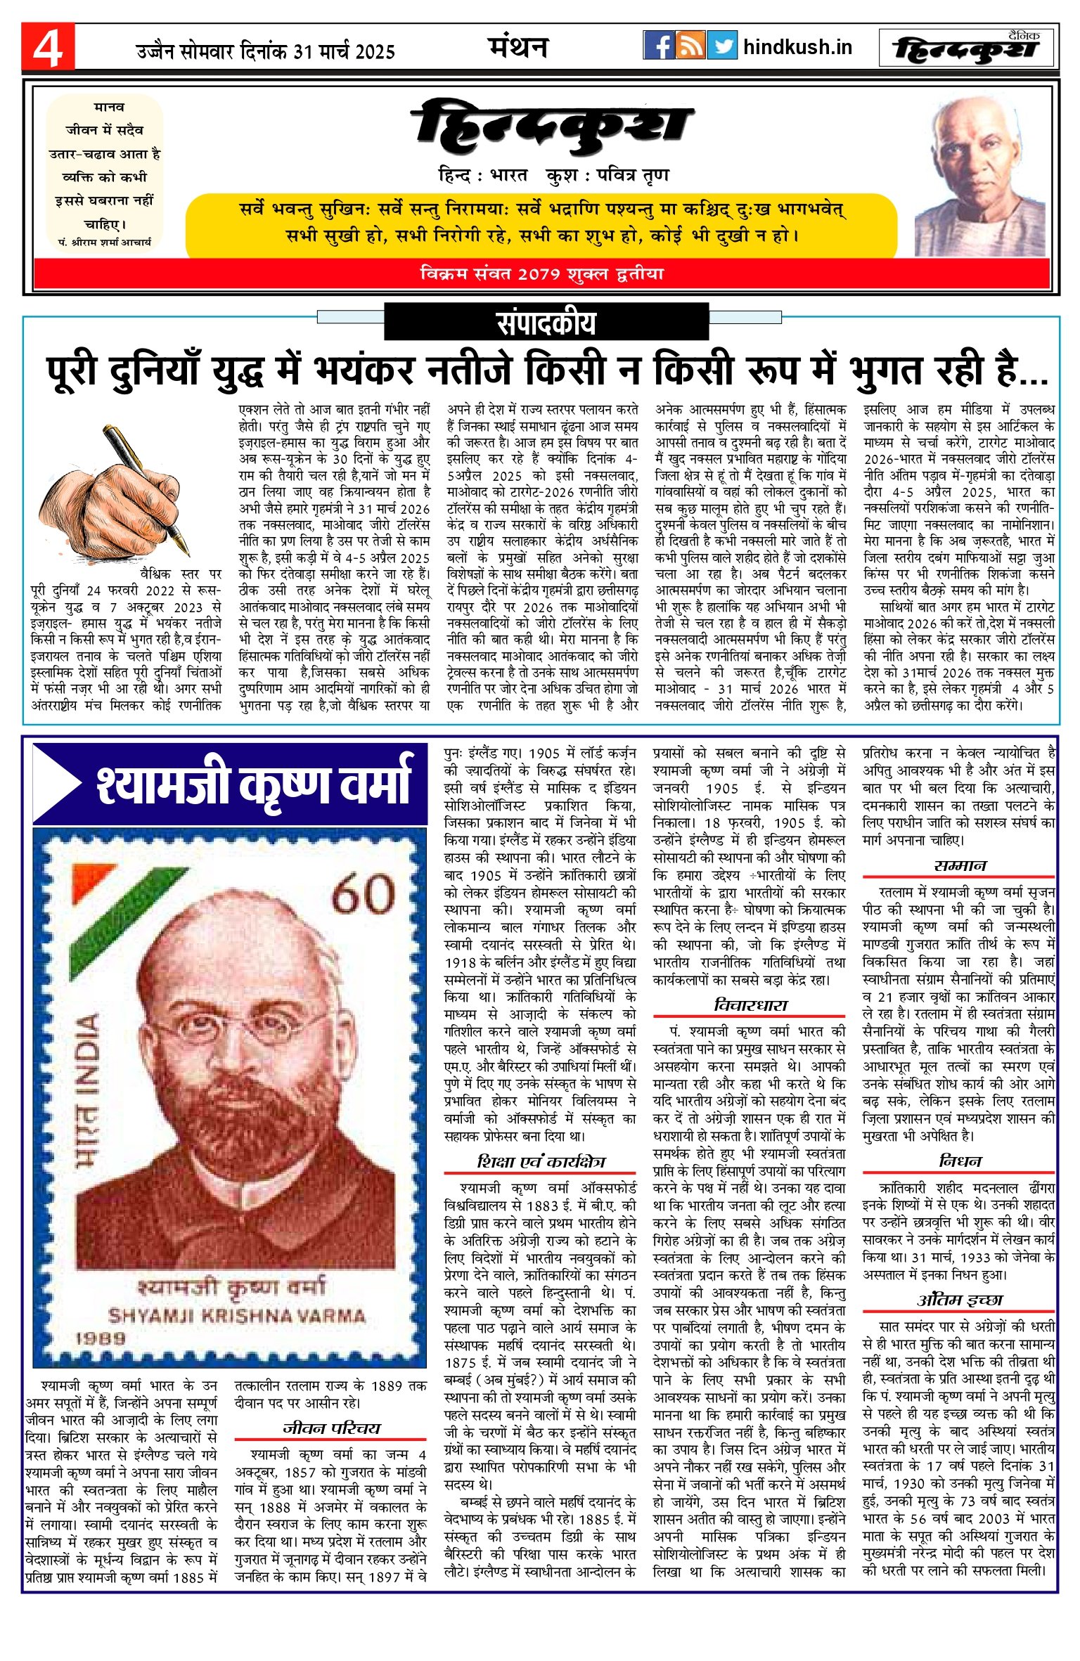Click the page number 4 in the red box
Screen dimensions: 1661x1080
[48, 48]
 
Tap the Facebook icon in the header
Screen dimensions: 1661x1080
[659, 46]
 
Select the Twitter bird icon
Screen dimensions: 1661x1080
[721, 46]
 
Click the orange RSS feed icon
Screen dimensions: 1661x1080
[690, 46]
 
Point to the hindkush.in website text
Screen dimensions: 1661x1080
[797, 47]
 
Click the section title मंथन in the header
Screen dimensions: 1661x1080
[517, 47]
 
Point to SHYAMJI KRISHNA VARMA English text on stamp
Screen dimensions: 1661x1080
[236, 1315]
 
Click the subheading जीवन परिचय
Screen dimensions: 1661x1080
[331, 1428]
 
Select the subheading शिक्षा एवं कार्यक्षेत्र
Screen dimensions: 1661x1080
[540, 1162]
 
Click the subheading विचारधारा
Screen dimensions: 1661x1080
[750, 1005]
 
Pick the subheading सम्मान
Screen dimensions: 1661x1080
[960, 866]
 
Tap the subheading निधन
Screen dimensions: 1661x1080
[960, 1161]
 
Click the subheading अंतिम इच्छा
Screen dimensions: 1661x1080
[960, 1300]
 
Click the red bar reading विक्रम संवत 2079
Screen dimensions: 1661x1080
[541, 273]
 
